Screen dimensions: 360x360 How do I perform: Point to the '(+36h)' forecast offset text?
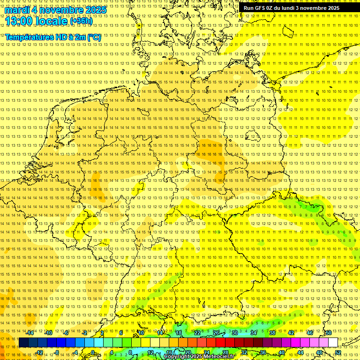point(81,21)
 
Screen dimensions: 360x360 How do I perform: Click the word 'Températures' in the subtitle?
point(29,37)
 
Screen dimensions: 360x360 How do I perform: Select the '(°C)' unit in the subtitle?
point(93,37)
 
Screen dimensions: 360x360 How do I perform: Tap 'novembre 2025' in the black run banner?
point(321,8)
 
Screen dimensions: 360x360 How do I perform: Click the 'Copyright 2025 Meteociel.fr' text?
point(199,357)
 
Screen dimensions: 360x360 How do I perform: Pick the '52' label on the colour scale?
point(338,352)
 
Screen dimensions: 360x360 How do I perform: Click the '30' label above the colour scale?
point(234,333)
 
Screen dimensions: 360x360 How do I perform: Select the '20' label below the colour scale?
point(187,352)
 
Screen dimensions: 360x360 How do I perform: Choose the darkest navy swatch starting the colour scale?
point(23,343)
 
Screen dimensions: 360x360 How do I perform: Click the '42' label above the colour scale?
point(291,333)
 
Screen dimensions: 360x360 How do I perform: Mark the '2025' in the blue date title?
point(94,10)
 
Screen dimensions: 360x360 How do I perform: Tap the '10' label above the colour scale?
point(141,333)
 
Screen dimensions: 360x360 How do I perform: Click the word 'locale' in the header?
point(52,21)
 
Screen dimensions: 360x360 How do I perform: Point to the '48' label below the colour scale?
point(319,352)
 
